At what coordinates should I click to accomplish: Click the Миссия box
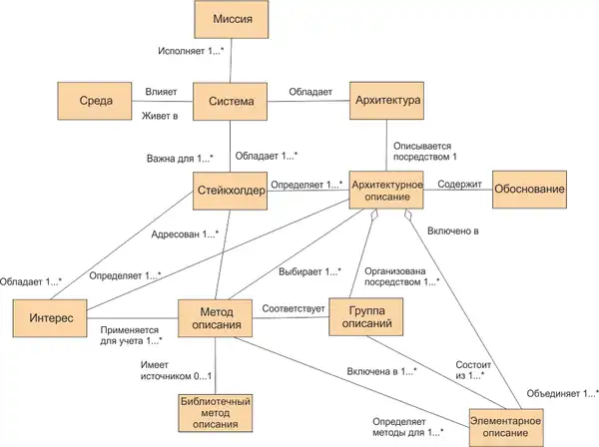point(231,19)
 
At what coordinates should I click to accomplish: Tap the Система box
point(231,102)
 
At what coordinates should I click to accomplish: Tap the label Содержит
point(457,184)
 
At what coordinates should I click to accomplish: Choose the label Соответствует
point(295,308)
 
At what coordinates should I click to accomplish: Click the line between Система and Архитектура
point(309,102)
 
